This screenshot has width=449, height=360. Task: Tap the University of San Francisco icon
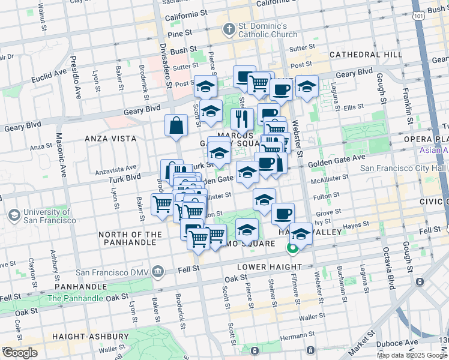(13, 215)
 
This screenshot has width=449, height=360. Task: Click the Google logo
(20, 353)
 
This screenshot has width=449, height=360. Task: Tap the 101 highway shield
(421, 18)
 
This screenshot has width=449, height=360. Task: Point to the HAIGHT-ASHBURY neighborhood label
(91, 337)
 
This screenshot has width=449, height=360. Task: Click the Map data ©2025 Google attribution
(412, 355)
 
